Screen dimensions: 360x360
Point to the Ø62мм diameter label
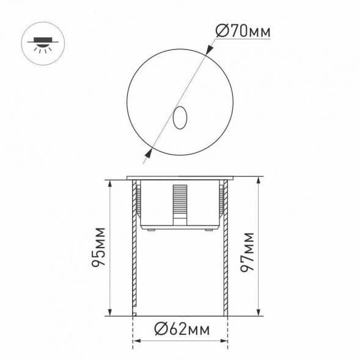[x=180, y=329]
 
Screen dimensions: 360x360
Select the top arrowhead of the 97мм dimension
[x=259, y=182]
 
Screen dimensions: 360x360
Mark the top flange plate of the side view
[x=180, y=178]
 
